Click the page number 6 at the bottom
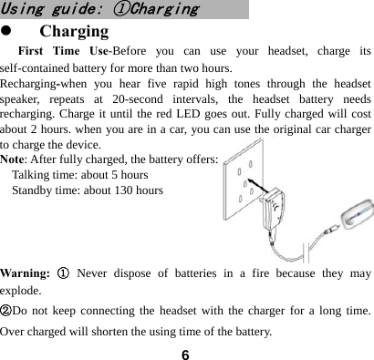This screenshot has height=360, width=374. [185, 352]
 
